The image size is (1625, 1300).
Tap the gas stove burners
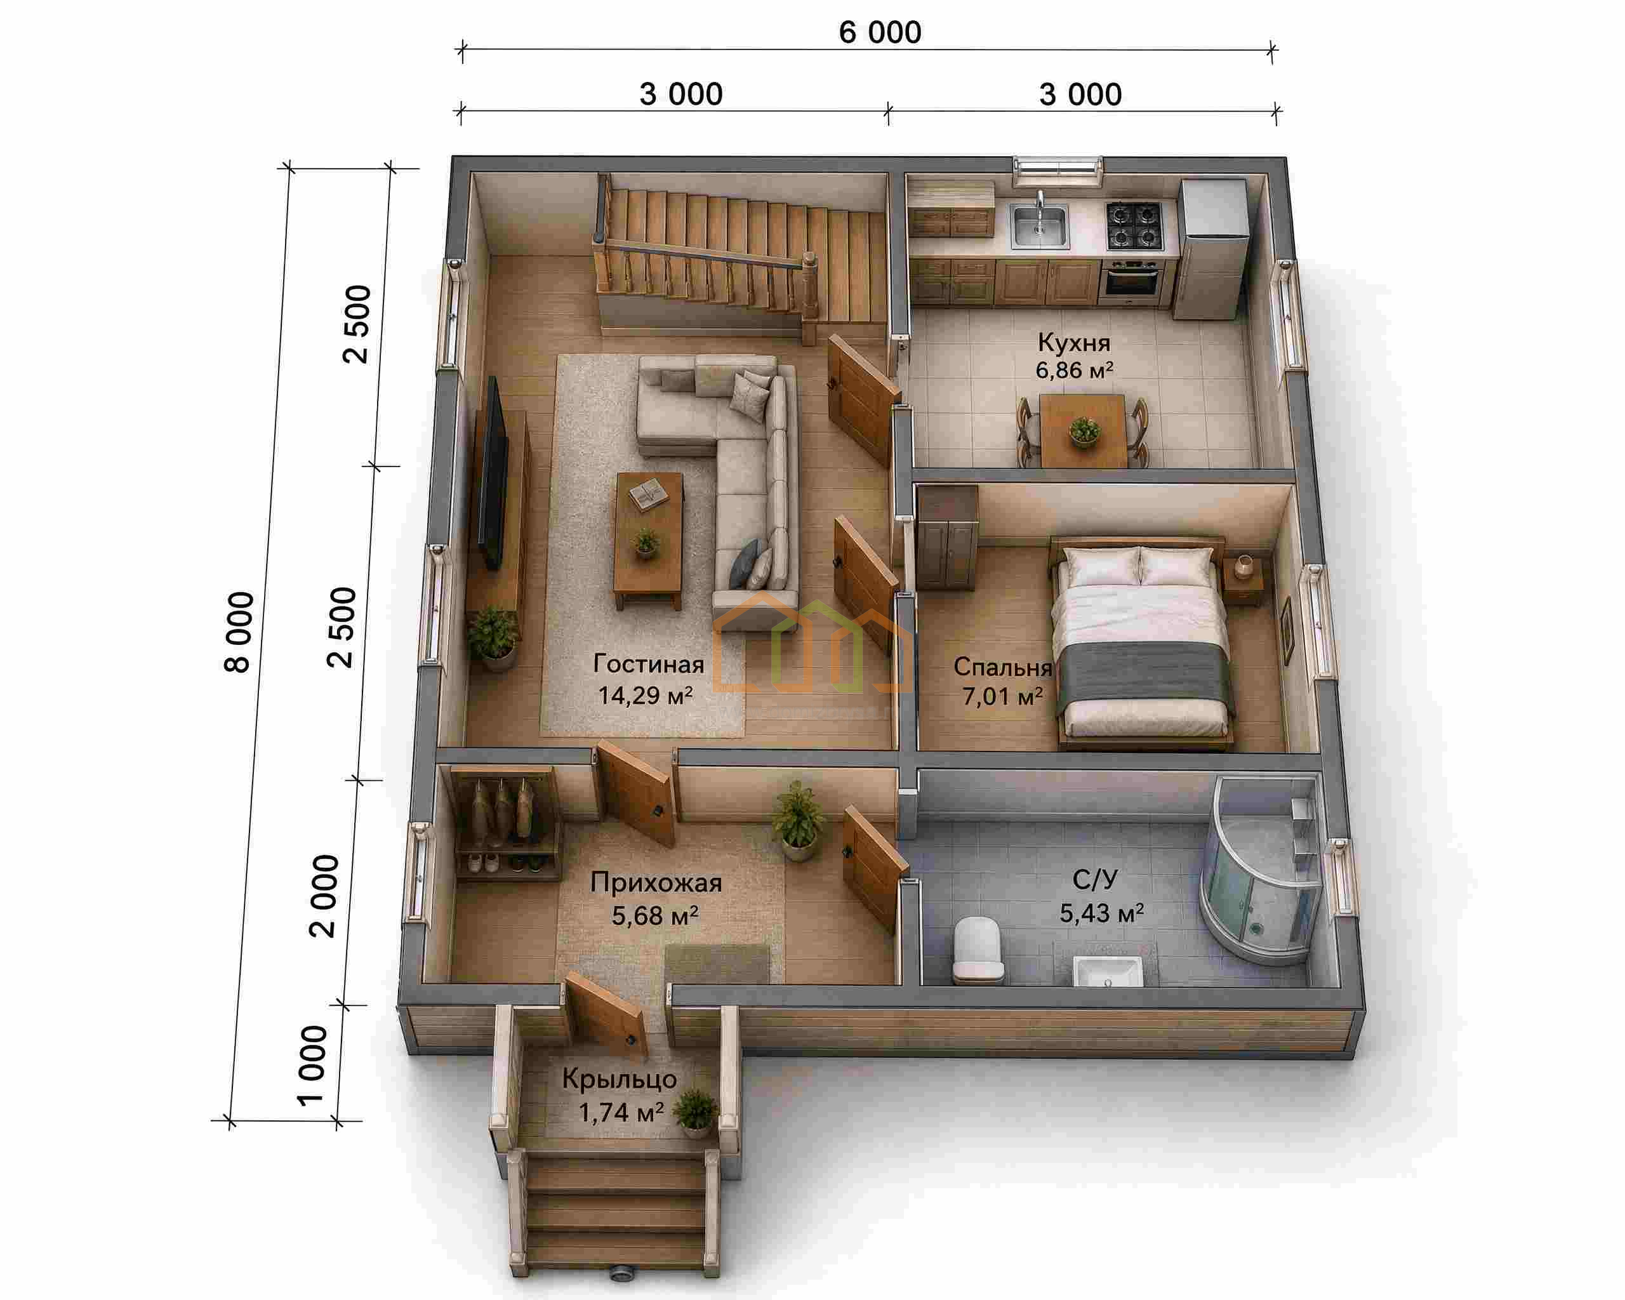(1134, 225)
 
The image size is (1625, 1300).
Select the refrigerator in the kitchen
(1211, 249)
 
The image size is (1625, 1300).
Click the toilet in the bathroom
(978, 950)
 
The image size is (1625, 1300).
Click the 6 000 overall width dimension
(880, 33)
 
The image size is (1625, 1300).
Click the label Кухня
(1073, 342)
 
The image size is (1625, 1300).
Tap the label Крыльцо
(620, 1080)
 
